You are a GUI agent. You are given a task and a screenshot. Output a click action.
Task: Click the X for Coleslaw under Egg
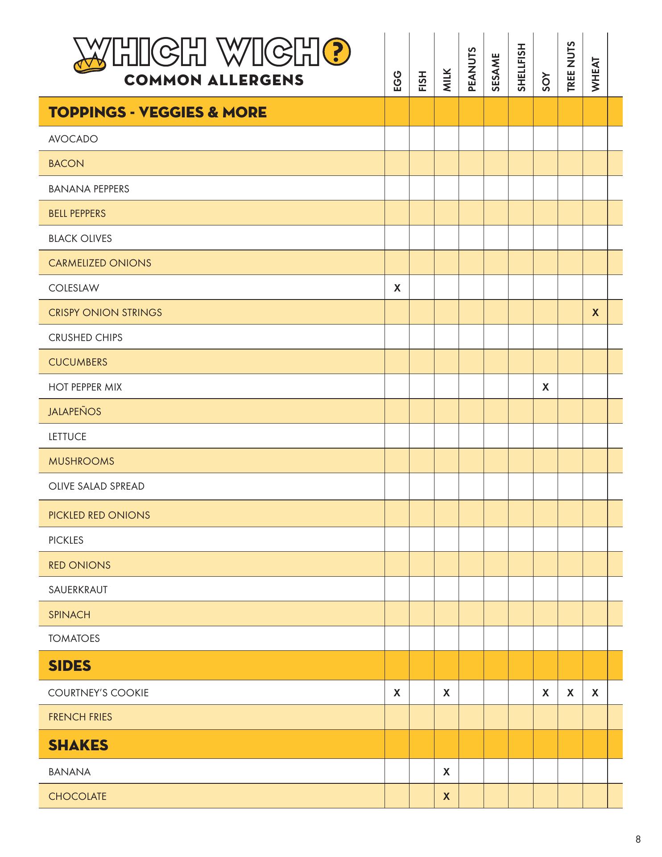point(397,288)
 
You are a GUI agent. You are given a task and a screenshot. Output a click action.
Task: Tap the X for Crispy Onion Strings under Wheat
point(595,313)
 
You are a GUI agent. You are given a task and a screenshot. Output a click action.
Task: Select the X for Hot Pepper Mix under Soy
point(545,387)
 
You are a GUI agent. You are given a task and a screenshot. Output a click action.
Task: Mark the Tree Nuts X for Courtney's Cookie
point(570,693)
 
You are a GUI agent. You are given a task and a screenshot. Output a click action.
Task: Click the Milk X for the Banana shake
point(446,772)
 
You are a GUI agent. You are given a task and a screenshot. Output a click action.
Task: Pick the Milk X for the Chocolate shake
point(446,796)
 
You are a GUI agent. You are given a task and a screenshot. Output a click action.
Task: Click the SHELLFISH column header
point(521,67)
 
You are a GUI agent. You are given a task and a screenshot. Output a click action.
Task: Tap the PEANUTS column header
point(472,69)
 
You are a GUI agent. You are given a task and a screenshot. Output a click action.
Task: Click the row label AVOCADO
point(73,139)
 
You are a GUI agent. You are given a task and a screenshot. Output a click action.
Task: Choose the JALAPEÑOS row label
point(75,412)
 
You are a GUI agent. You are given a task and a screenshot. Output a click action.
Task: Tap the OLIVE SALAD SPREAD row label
point(96,486)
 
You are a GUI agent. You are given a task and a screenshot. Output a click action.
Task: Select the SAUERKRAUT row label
point(78,590)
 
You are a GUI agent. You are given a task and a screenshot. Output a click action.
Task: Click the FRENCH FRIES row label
point(80,717)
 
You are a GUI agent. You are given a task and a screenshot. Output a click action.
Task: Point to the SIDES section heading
point(70,666)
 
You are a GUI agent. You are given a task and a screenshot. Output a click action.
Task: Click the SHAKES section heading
point(78,745)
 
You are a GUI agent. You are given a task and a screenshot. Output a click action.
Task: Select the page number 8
point(638,840)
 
